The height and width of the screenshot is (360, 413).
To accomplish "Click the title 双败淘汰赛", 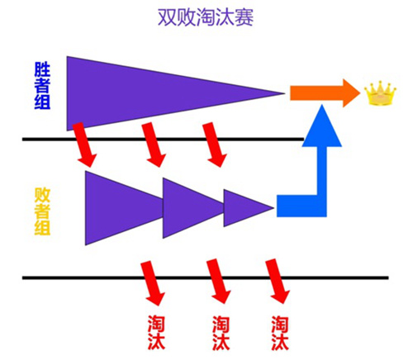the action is [206, 17].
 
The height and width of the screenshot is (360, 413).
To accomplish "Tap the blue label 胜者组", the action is [42, 86].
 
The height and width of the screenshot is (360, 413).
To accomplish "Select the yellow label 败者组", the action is [42, 211].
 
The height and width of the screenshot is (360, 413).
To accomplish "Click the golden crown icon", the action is [380, 92].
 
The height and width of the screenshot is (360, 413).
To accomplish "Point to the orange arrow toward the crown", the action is [325, 93].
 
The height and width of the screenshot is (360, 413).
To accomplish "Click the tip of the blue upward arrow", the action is [322, 105].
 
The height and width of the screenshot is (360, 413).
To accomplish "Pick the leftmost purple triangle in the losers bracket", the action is [124, 208].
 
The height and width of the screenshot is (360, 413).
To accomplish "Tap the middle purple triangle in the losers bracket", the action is [192, 208].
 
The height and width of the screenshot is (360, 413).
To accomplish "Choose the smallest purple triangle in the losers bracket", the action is [249, 208].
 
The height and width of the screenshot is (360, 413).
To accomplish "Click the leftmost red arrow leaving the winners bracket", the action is [84, 144].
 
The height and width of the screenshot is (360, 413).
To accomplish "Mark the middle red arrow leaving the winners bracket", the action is [154, 144].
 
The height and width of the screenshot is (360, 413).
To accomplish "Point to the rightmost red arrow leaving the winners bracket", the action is [215, 144].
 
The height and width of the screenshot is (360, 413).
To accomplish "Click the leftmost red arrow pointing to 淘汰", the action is [153, 283].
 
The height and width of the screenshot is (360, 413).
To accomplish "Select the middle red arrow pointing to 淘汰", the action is [219, 282].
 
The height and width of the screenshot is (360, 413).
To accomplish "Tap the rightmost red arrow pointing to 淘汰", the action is [278, 282].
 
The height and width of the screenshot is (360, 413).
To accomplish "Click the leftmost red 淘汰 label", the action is [156, 333].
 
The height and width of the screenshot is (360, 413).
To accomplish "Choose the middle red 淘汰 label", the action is [221, 333].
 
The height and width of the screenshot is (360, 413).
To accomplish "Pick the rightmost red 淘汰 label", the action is [280, 333].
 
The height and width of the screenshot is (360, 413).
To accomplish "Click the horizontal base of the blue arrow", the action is [301, 206].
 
